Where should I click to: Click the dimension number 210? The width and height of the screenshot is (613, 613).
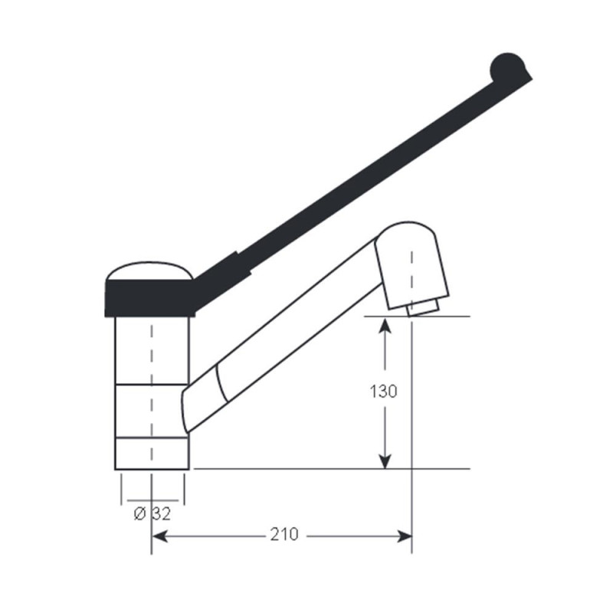pos(284,533)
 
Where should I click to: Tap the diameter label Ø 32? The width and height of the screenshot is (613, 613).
pos(152,513)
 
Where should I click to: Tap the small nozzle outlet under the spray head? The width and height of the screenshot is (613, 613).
pos(422,308)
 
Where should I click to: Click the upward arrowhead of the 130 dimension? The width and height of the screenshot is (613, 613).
pos(385,326)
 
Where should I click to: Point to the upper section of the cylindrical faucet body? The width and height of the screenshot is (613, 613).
pos(152,349)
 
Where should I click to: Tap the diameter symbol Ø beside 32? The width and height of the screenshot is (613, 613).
pos(139,513)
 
